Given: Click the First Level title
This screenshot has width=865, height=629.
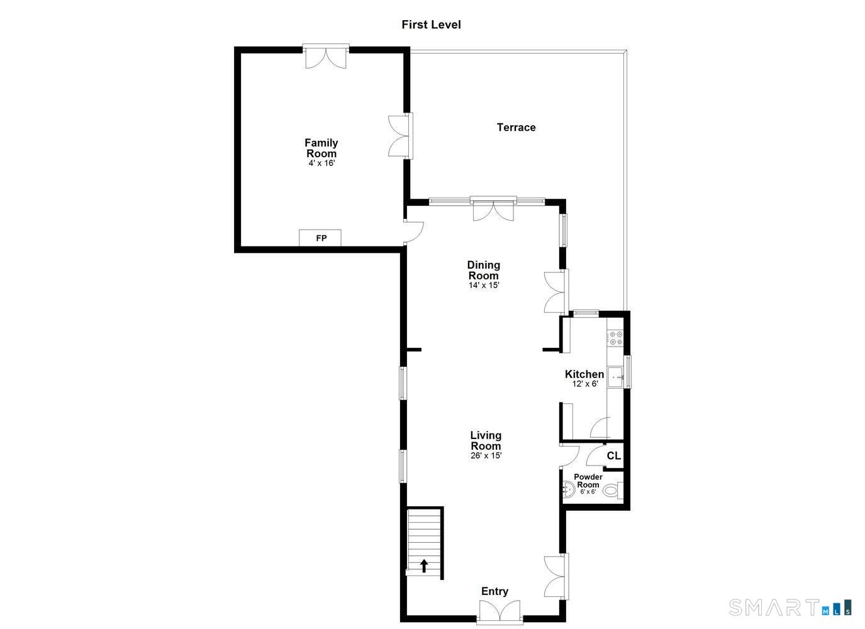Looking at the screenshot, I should [431, 25].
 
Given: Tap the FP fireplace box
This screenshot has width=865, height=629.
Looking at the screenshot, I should [320, 238].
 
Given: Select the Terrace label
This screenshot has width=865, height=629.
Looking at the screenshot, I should [516, 127].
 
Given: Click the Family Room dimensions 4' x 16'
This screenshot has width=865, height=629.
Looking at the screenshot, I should [321, 163].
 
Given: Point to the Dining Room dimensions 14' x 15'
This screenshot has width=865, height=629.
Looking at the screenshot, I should [483, 285].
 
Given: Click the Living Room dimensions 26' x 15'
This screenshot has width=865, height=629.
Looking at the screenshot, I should [486, 455].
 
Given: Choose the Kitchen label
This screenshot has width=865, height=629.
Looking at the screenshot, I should [584, 374].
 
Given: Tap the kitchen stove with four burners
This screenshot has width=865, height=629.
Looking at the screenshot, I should [615, 338].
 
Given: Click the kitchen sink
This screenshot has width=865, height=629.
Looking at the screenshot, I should [615, 377].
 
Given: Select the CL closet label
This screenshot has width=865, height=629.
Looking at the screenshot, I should [613, 455].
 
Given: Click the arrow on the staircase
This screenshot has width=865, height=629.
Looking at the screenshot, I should [424, 565].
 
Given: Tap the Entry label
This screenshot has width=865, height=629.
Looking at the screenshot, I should [494, 591].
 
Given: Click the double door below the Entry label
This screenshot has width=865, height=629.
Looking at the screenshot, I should [499, 611].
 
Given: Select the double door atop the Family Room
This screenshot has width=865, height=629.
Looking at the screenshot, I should [325, 56].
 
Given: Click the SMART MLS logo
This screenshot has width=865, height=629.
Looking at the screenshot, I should [790, 607].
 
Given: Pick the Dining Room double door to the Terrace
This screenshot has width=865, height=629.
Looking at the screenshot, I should [493, 209].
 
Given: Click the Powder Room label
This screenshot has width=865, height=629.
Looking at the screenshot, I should [588, 481].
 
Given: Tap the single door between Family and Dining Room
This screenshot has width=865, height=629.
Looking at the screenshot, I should [414, 231].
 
